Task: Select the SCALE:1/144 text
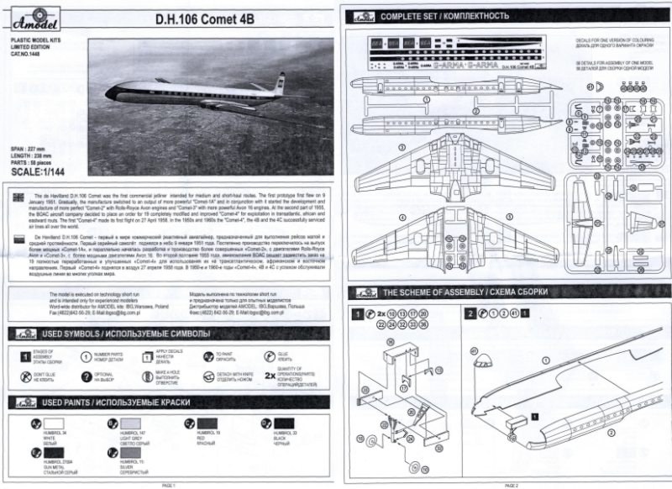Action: point(50,173)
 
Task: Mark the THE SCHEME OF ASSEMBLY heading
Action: point(453,292)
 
